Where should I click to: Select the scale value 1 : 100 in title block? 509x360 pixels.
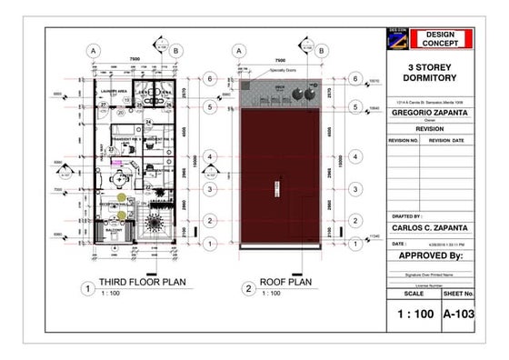tap(413, 315)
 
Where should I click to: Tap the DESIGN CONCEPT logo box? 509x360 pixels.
tap(441, 38)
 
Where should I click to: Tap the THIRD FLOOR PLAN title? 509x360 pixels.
tap(143, 283)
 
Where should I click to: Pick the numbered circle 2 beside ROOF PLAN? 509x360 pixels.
tap(247, 289)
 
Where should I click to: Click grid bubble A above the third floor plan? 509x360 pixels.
tap(94, 51)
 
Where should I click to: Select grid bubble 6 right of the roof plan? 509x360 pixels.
tap(354, 78)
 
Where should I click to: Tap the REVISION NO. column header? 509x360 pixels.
tap(404, 141)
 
